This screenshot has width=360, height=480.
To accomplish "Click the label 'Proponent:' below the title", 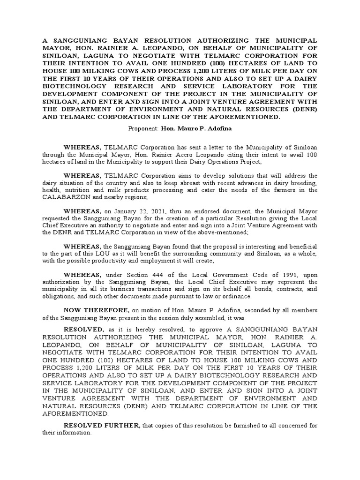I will coord(143,128).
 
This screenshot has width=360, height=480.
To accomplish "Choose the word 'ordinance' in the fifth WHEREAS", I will coord(237,296).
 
